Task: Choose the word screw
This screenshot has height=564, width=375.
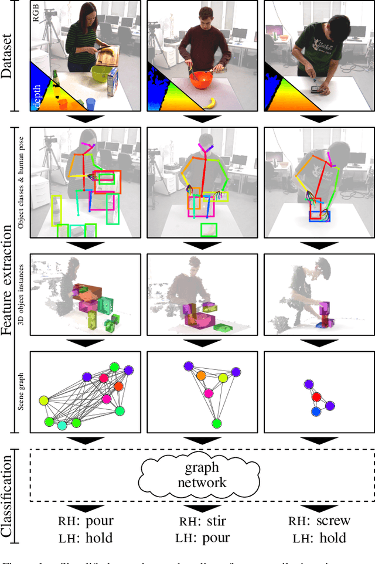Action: [x=333, y=521]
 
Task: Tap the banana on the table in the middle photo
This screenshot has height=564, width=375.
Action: [x=210, y=104]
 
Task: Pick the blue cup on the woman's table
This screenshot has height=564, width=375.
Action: [x=91, y=104]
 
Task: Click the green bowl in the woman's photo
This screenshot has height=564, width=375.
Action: [x=103, y=74]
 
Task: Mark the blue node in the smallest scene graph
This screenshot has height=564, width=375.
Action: [x=316, y=412]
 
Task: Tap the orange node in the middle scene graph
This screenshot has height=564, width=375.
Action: [x=201, y=376]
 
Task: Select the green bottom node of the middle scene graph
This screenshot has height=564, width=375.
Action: [x=217, y=423]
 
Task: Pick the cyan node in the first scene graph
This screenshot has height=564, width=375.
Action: [x=63, y=426]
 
